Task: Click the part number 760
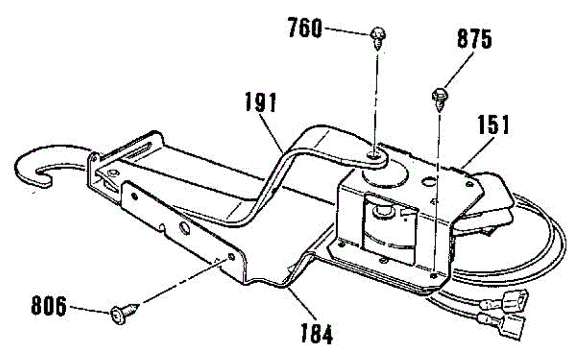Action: (x=305, y=28)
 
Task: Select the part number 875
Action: (x=474, y=39)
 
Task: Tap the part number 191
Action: (x=261, y=103)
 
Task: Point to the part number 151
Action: (x=493, y=125)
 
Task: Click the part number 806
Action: (x=49, y=306)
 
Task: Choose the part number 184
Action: (x=317, y=334)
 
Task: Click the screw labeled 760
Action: (x=378, y=38)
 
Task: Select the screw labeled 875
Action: (x=440, y=100)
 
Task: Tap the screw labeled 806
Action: (x=124, y=314)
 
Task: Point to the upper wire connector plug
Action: (x=505, y=303)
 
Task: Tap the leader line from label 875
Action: (x=459, y=71)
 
